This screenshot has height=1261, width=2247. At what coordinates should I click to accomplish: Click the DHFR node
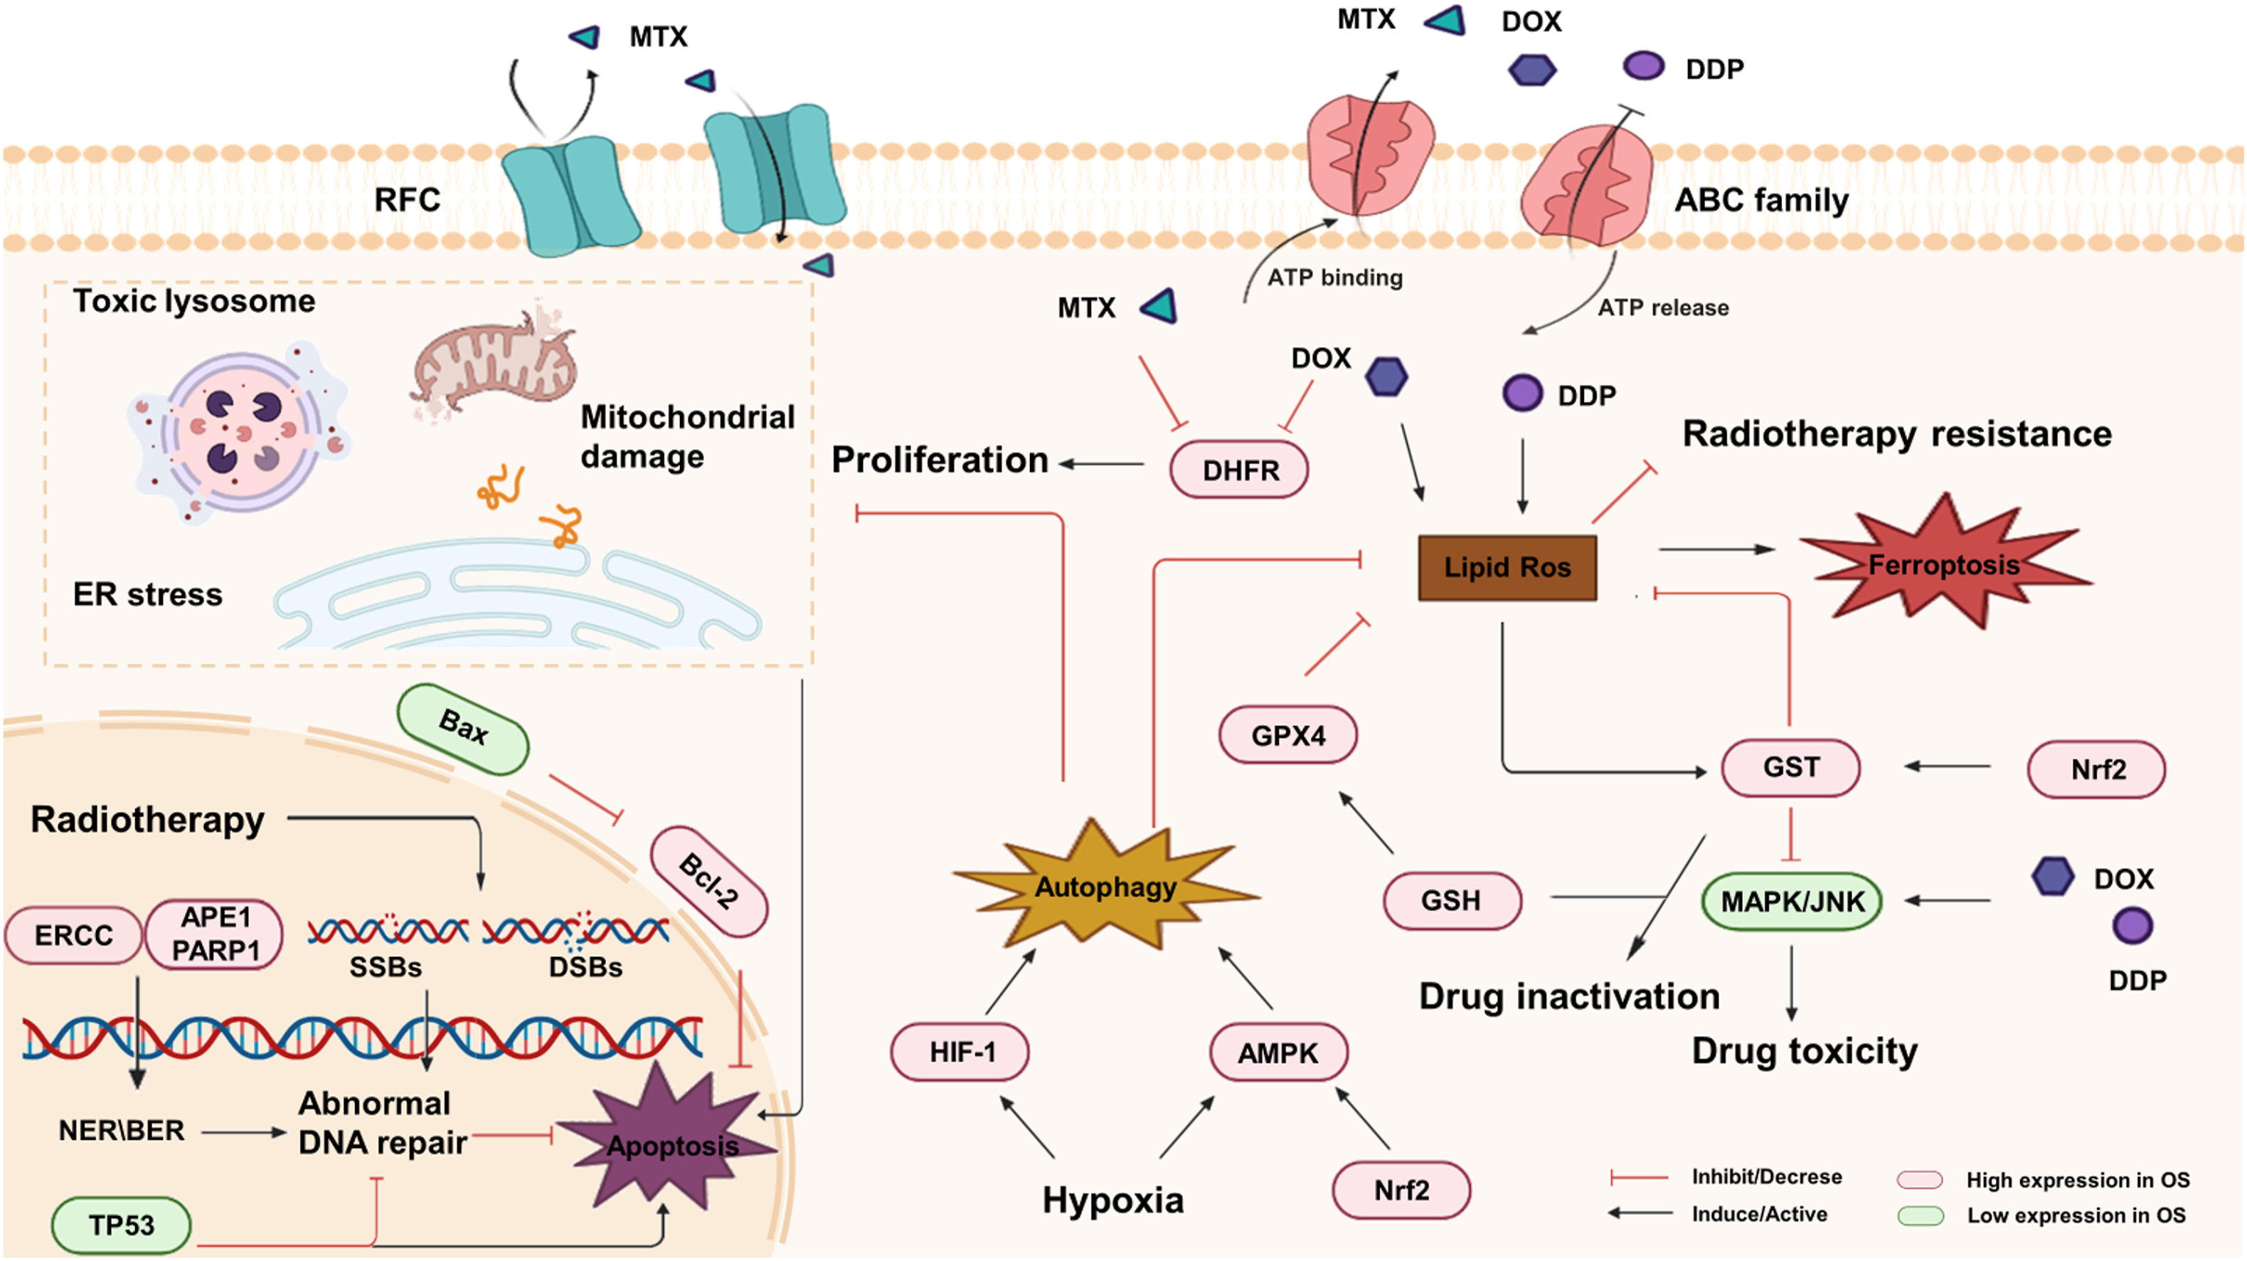[x=1238, y=470]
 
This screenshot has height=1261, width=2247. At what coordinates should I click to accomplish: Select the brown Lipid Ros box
[x=1507, y=567]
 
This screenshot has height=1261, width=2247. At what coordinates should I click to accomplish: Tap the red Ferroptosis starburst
[x=1943, y=563]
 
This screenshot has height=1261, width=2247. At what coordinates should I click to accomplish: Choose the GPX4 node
[x=1287, y=735]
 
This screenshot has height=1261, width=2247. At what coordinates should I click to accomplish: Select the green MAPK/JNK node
[x=1792, y=901]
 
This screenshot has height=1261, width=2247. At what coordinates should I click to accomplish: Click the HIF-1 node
[x=960, y=1052]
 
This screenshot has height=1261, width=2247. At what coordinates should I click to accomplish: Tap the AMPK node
[x=1278, y=1052]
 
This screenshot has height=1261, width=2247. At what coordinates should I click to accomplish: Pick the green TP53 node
[x=121, y=1225]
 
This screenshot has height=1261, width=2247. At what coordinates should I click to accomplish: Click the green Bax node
[x=463, y=729]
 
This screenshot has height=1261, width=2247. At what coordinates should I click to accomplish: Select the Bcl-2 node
[x=709, y=882]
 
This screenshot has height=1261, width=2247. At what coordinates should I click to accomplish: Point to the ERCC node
[x=73, y=934]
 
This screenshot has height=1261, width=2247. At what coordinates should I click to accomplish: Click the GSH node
[x=1452, y=899]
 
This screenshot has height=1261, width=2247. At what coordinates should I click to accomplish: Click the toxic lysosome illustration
[x=239, y=432]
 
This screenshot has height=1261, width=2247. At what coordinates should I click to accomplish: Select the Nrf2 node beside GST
[x=2097, y=769]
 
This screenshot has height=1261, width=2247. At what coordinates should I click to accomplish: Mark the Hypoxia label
[x=1113, y=1201]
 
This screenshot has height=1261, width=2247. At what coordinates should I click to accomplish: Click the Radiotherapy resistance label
[x=1897, y=433]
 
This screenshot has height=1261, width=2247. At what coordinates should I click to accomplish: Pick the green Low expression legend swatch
[x=1921, y=1215]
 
